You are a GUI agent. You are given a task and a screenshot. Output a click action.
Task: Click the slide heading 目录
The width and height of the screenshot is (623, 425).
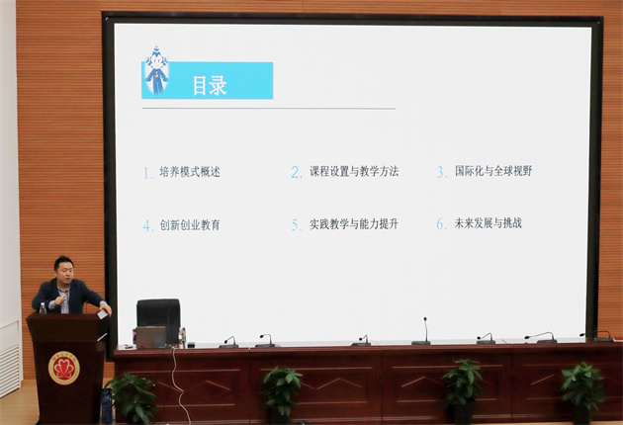210,85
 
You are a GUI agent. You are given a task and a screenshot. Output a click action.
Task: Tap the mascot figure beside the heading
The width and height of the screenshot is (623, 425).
156,71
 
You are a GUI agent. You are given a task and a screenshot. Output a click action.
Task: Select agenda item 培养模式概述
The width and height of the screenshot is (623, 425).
190,172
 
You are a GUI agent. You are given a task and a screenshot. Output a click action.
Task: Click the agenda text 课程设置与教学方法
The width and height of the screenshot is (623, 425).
354,171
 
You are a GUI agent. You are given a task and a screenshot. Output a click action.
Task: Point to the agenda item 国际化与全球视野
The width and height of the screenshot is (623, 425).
493,171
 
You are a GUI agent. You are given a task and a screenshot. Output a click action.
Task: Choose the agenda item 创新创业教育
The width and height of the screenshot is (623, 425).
190,224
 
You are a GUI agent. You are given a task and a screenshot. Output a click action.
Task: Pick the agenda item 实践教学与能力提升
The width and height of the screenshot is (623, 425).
354,224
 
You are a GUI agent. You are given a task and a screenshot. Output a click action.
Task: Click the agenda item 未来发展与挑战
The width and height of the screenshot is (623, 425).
489,223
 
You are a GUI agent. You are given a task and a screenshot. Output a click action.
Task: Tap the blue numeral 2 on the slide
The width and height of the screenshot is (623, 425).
297,172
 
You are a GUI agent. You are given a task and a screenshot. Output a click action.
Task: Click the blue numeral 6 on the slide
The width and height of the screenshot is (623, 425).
441,224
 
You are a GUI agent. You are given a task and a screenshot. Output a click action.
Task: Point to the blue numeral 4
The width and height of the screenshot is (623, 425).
147,225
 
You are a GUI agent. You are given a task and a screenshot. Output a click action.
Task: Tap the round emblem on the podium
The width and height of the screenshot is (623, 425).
64,368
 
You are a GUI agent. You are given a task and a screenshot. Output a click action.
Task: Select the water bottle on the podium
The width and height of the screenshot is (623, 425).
43,308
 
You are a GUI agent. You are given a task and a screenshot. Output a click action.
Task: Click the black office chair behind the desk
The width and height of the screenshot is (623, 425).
158,320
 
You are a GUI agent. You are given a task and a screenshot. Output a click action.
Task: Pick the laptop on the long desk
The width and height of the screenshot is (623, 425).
151,337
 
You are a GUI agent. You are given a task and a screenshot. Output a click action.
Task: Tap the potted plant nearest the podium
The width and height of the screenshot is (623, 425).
133,397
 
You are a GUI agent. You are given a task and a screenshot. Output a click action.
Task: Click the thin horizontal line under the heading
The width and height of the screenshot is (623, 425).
269,108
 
